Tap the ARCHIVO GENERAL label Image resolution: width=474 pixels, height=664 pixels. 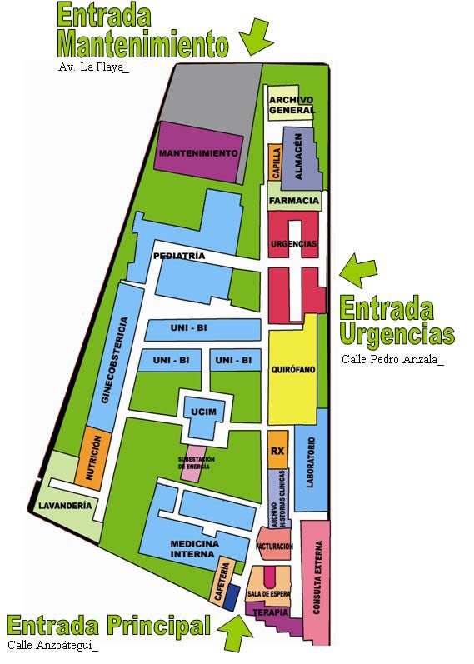[x=292, y=105]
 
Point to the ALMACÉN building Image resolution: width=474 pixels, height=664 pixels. [x=298, y=157]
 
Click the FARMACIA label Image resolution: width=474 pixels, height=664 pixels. [x=294, y=201]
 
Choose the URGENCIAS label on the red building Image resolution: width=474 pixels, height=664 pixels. [x=293, y=243]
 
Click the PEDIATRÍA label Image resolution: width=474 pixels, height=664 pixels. [x=179, y=257]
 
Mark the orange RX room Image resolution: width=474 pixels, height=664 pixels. [x=277, y=451]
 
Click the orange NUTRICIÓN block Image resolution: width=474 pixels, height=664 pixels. [x=92, y=457]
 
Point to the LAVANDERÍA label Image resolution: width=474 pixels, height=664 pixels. [x=64, y=506]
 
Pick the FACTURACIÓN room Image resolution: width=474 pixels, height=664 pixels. [x=275, y=546]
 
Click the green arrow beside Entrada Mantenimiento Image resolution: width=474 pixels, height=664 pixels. [x=257, y=36]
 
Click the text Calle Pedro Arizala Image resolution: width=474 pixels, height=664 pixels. [x=392, y=360]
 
